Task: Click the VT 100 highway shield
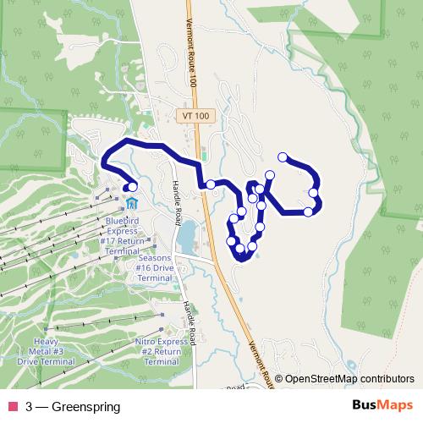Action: click(x=194, y=115)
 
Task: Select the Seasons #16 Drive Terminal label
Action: click(x=153, y=267)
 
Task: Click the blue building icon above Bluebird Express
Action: click(x=132, y=204)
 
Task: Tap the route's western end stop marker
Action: click(x=132, y=187)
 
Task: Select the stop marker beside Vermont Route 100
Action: click(x=210, y=184)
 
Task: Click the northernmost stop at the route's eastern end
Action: click(x=283, y=157)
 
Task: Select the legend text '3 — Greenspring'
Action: click(x=73, y=407)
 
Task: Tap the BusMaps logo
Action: click(x=382, y=406)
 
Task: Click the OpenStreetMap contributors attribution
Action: click(x=349, y=379)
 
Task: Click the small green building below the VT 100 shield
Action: click(x=204, y=157)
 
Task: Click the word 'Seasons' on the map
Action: click(x=153, y=257)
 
